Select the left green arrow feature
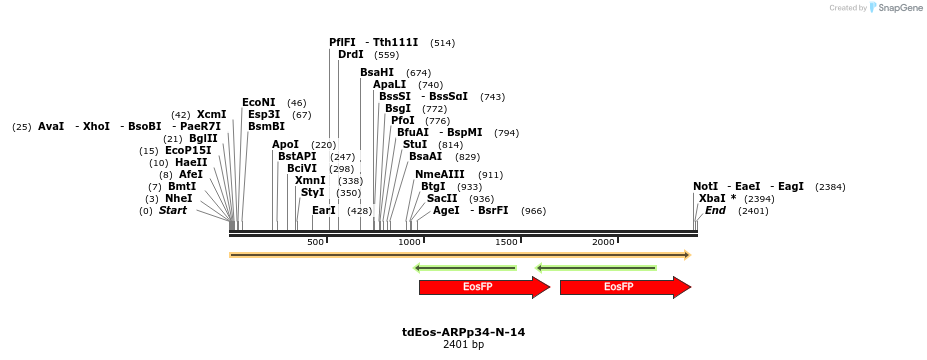(x=465, y=268)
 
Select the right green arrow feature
(x=596, y=268)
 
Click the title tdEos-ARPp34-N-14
(x=463, y=331)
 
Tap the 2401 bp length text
(x=463, y=345)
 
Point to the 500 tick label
(x=315, y=243)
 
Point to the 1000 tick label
(x=410, y=243)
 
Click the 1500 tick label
(x=506, y=243)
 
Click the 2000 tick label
(x=603, y=243)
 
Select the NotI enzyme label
(x=705, y=186)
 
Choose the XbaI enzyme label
(x=712, y=198)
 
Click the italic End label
(x=715, y=211)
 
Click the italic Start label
(x=173, y=211)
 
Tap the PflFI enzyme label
(x=342, y=42)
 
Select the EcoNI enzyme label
(x=258, y=102)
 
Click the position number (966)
(x=534, y=211)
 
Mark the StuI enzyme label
(x=414, y=144)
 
